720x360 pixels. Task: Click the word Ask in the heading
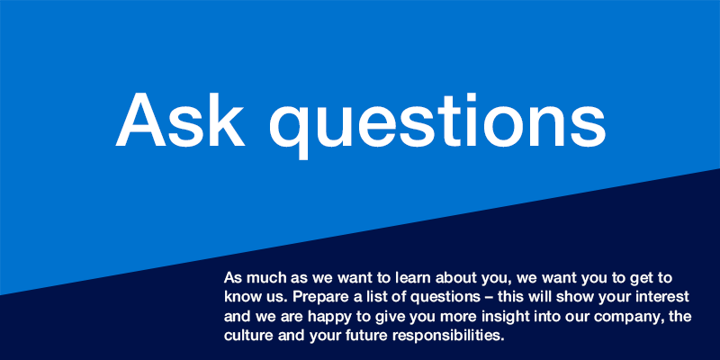point(180,120)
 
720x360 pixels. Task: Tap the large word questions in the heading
point(437,125)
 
